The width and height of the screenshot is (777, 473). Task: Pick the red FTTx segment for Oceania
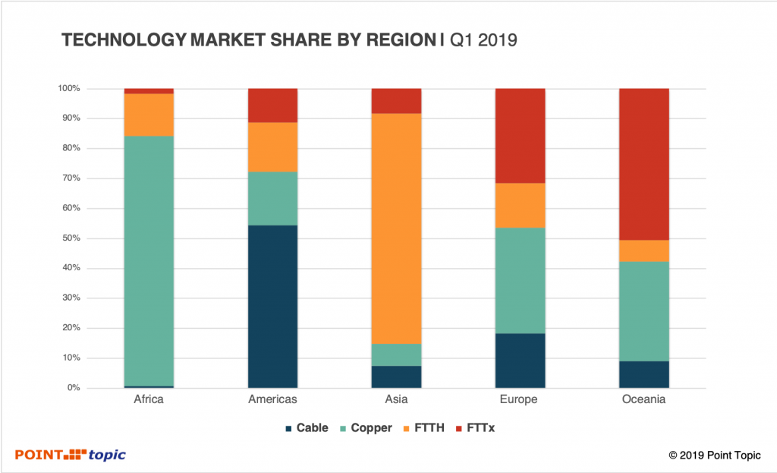click(644, 164)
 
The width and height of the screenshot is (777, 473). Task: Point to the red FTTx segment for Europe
click(520, 136)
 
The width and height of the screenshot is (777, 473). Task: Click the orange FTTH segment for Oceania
click(644, 251)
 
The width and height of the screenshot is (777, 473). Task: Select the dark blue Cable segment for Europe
click(520, 361)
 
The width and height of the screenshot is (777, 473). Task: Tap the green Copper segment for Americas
click(273, 199)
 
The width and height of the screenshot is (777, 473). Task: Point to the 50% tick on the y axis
click(69, 238)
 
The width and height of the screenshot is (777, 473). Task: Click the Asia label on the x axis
click(396, 400)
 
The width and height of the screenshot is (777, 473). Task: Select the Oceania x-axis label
click(644, 400)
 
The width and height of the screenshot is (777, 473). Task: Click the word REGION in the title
click(388, 41)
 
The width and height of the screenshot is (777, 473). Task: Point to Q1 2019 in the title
click(483, 41)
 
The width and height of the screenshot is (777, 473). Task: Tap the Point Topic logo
click(71, 455)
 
